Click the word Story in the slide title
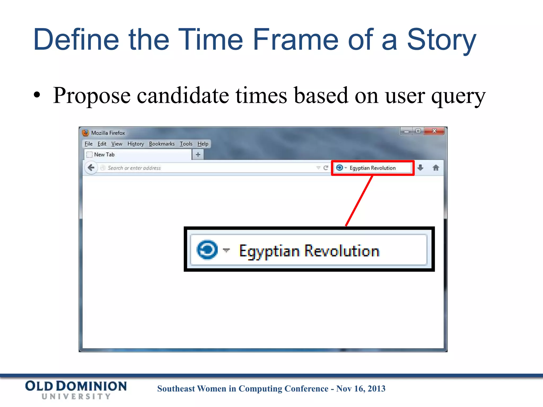pos(441,40)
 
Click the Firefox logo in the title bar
pos(85,133)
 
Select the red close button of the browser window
pos(434,131)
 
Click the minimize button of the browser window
pos(406,131)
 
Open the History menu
pos(135,144)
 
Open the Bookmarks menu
pos(162,144)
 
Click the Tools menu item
pos(186,144)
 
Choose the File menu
pos(89,144)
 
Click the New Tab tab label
pos(104,154)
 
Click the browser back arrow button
pos(91,168)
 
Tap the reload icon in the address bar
pos(326,168)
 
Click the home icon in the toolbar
pos(436,168)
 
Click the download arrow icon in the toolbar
pos(420,168)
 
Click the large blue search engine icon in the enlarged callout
pos(207,250)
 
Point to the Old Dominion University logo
pos(76,390)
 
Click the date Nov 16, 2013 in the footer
pos(361,388)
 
